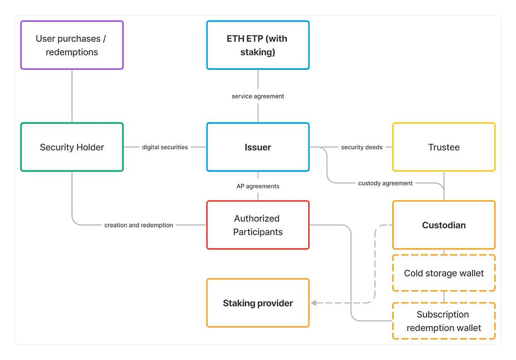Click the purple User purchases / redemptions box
pyautogui.click(x=72, y=45)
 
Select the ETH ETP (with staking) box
pyautogui.click(x=258, y=45)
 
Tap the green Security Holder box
pyautogui.click(x=72, y=147)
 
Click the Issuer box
pyautogui.click(x=258, y=147)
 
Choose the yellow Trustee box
pyautogui.click(x=443, y=147)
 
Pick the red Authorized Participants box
pyautogui.click(x=258, y=225)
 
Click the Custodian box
pyautogui.click(x=443, y=225)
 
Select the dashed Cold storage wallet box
pyautogui.click(x=443, y=273)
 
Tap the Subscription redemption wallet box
pyautogui.click(x=443, y=321)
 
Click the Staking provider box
pyautogui.click(x=258, y=303)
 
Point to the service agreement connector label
pyautogui.click(x=258, y=96)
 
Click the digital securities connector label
pyautogui.click(x=165, y=147)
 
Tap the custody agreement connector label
pyautogui.click(x=385, y=183)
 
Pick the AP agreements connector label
pyautogui.click(x=258, y=186)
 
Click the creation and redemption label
pyautogui.click(x=139, y=225)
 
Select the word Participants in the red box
pyautogui.click(x=258, y=232)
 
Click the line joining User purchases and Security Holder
pyautogui.click(x=72, y=96)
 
